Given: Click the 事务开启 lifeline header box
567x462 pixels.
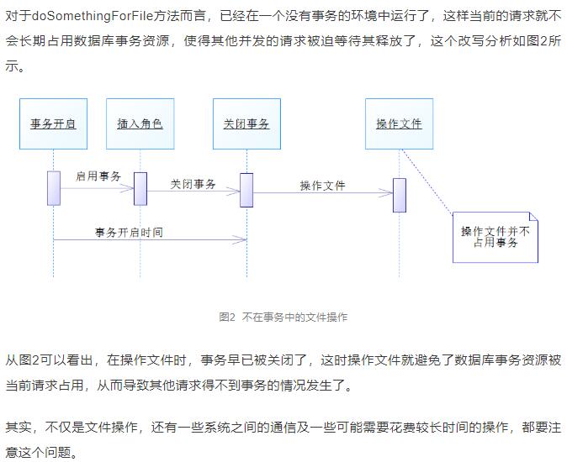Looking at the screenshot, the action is (53, 123).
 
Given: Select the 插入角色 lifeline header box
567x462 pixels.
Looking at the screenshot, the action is (140, 123).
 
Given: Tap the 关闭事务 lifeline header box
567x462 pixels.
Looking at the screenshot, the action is (246, 123).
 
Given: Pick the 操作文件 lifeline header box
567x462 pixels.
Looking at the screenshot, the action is (400, 123).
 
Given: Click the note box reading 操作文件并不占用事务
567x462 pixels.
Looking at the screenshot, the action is (495, 237).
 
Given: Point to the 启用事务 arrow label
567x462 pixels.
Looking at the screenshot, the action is (98, 176).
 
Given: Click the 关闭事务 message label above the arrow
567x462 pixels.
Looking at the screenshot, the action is (193, 185).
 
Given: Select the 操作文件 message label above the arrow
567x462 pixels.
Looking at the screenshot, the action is (322, 186).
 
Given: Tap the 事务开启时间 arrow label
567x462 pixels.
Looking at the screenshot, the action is (129, 233).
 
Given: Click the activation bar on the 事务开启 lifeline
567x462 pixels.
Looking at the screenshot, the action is (54, 188).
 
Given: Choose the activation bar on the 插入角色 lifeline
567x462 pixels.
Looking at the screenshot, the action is (140, 189).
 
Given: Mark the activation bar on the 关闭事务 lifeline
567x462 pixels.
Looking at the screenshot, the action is (246, 190).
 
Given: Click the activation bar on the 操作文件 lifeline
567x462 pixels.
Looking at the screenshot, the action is (400, 195).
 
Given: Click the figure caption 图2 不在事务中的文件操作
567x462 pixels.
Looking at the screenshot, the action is (283, 318).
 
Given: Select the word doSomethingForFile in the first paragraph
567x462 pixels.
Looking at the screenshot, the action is (93, 16).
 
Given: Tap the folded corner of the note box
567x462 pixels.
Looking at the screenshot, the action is (533, 216).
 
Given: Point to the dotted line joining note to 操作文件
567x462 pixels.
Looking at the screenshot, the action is (427, 181).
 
